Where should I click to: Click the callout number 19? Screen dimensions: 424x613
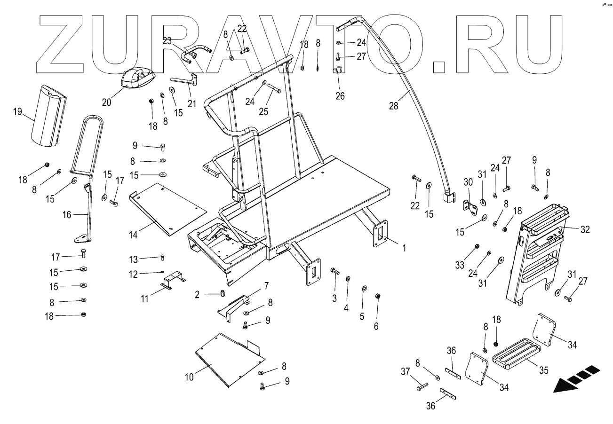click(x=17, y=112)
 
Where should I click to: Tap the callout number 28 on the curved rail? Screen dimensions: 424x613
click(x=394, y=106)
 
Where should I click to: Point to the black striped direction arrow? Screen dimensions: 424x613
click(x=575, y=379)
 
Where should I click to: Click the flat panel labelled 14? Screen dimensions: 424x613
click(x=167, y=207)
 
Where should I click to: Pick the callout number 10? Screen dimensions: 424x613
click(x=189, y=377)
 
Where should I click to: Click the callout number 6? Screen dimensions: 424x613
click(x=376, y=326)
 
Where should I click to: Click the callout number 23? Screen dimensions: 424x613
click(x=167, y=41)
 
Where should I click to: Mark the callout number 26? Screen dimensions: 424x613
click(x=340, y=96)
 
